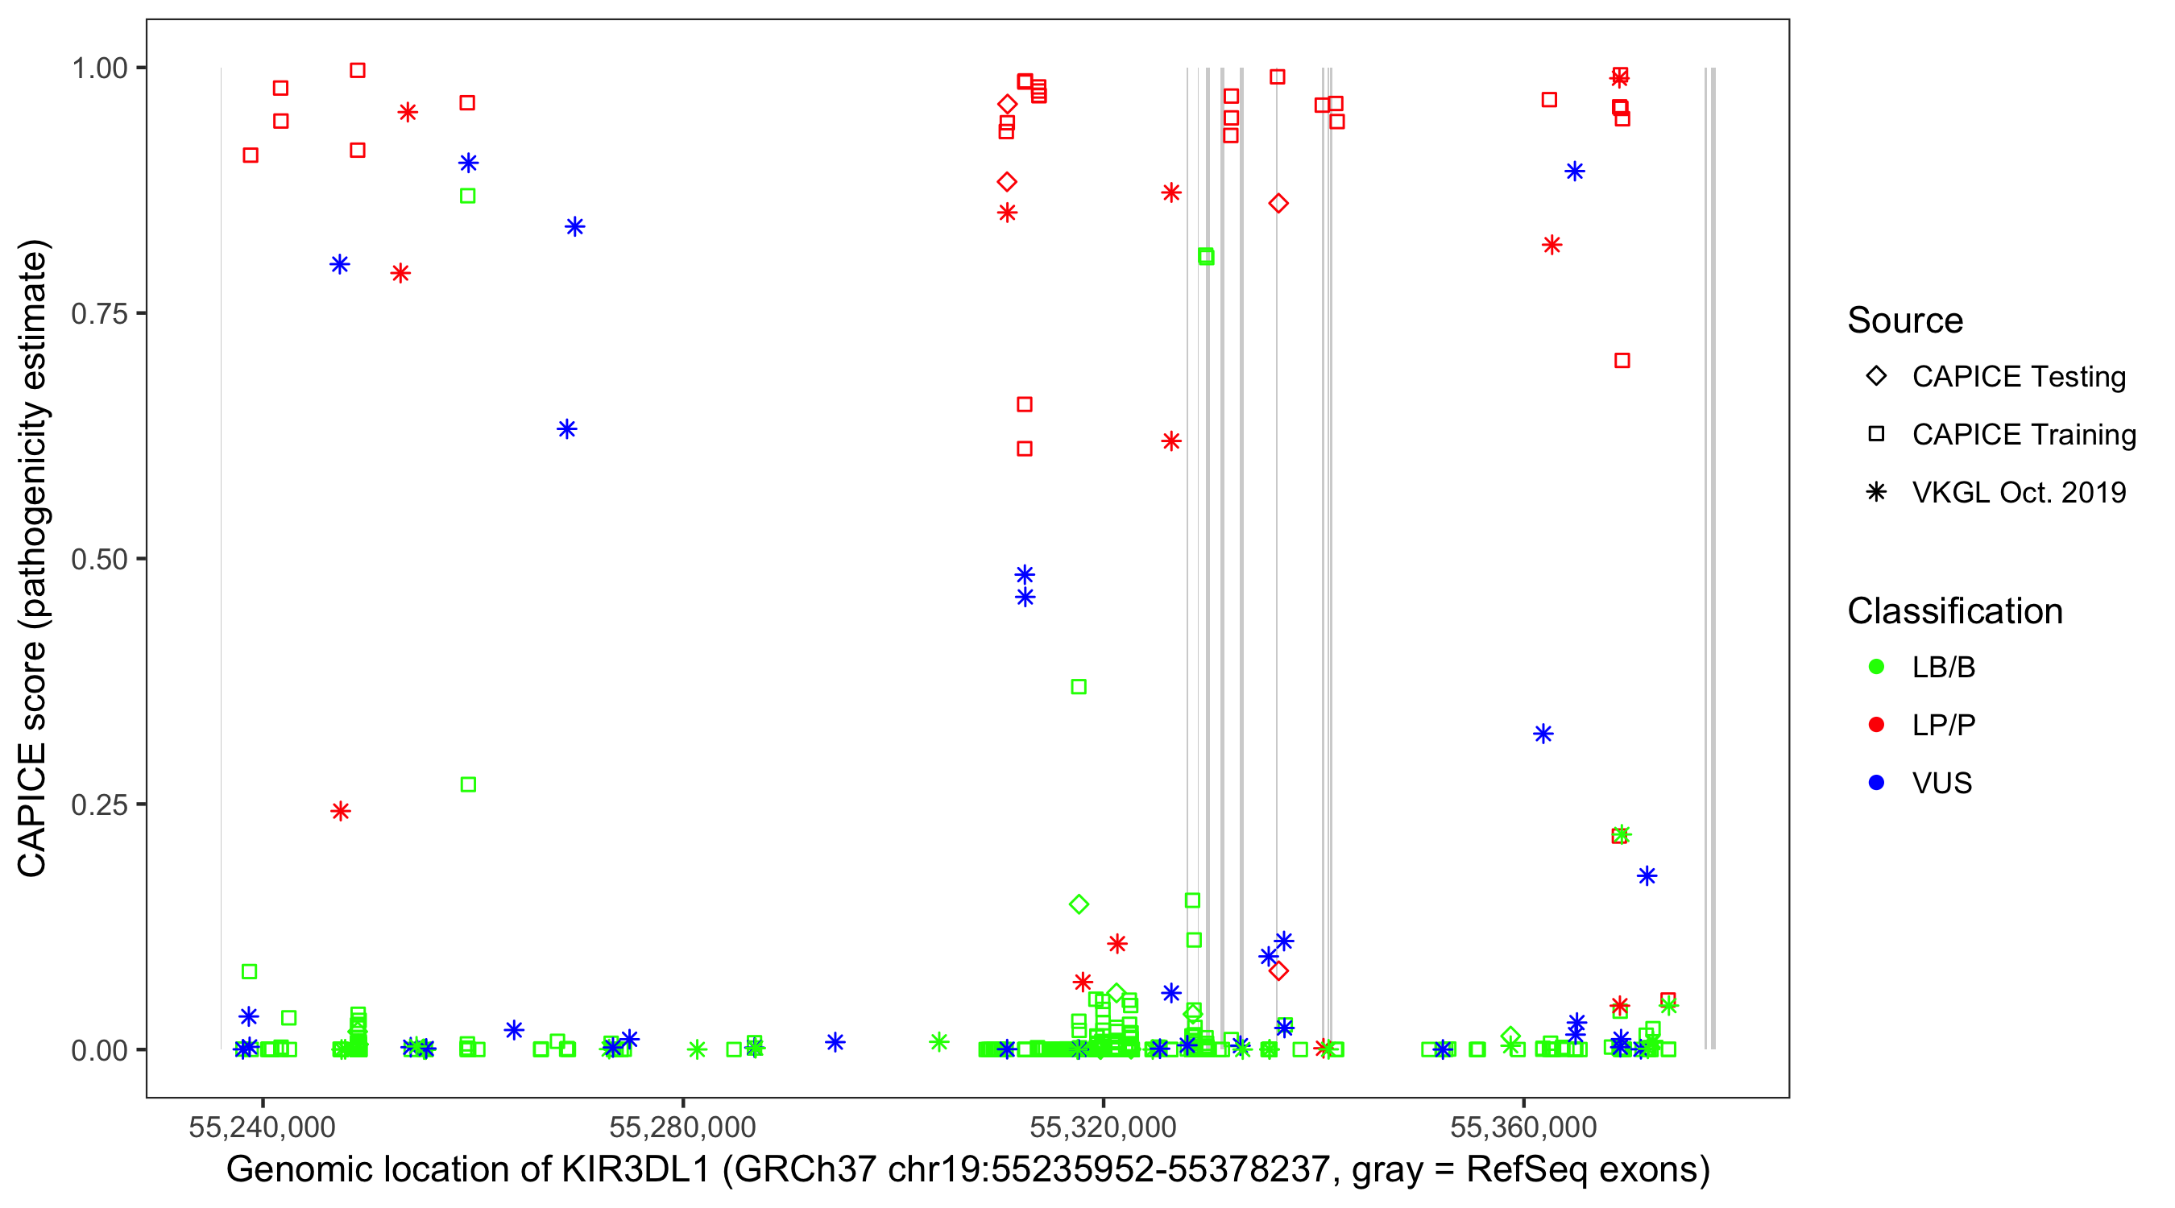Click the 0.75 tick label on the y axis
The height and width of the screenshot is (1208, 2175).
tap(98, 313)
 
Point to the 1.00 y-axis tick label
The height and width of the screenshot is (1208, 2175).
tap(98, 68)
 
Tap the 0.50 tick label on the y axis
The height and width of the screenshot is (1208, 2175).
tap(98, 559)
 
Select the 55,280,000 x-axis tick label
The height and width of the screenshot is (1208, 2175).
tap(682, 1127)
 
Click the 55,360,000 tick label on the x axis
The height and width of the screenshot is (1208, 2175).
tap(1523, 1127)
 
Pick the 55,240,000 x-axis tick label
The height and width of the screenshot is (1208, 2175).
tap(262, 1127)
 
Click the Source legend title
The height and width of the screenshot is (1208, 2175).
tap(1905, 321)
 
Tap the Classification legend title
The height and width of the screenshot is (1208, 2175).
tap(1954, 611)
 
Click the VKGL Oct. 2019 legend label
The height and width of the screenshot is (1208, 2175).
tap(2019, 492)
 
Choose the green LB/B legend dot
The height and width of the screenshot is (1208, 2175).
tap(1877, 667)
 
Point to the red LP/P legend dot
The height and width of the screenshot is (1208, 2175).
tap(1877, 725)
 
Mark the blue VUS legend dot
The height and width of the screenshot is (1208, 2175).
tap(1877, 784)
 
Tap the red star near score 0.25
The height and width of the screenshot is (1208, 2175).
tap(340, 811)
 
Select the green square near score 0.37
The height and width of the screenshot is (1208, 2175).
tap(1078, 687)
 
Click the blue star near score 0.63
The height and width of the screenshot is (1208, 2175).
tap(567, 430)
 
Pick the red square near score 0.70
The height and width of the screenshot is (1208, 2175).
tap(1622, 362)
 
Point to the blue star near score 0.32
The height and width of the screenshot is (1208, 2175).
tap(1543, 734)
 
